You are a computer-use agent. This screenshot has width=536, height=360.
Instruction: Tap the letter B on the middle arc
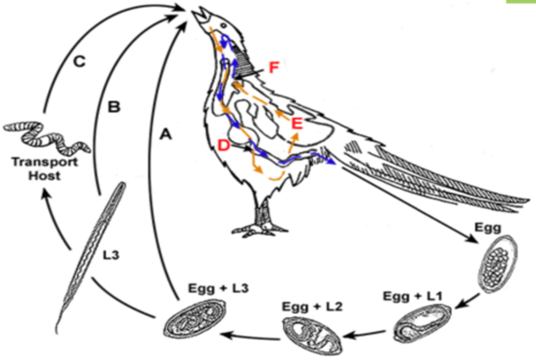tap(114, 107)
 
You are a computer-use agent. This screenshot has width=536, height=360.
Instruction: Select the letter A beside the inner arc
tap(166, 134)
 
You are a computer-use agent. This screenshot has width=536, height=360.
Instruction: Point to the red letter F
tap(274, 68)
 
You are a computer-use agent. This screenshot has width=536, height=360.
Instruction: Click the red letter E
tap(297, 123)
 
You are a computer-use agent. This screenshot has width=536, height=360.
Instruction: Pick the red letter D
tap(223, 145)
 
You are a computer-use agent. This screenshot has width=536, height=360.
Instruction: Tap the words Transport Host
tap(44, 169)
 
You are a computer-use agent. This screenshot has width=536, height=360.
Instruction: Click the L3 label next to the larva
tap(111, 255)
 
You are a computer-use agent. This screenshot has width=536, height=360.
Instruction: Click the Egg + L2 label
tap(312, 307)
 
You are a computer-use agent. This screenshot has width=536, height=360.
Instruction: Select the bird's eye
tap(224, 25)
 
